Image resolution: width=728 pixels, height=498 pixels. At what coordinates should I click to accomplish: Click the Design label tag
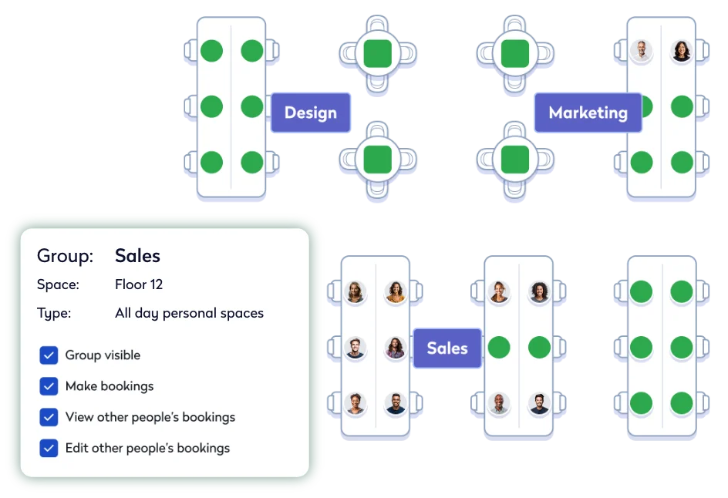311,113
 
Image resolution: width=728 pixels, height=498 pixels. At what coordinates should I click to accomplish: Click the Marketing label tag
588,113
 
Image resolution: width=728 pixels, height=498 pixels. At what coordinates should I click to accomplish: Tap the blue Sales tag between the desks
447,348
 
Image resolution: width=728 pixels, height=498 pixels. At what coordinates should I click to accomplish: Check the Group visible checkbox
49,355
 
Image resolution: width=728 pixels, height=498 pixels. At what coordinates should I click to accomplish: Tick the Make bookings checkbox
49,386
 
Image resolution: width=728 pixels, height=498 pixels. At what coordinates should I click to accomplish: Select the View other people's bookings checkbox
49,417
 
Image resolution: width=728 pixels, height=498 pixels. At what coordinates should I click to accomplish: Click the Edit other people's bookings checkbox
49,448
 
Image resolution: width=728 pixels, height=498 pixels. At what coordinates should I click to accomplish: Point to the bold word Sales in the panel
137,256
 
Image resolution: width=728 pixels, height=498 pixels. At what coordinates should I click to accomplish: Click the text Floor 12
139,284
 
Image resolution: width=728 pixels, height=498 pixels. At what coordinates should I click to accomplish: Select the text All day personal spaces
189,313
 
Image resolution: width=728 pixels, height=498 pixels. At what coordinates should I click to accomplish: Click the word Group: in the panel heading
66,256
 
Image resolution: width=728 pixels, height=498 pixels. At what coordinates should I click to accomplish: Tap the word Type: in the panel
54,313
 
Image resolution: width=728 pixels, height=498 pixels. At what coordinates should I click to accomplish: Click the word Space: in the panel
58,284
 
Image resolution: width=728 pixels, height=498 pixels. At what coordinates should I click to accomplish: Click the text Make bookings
110,386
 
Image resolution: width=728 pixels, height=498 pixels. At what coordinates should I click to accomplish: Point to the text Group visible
103,355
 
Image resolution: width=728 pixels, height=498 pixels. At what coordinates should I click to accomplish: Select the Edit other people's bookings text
147,448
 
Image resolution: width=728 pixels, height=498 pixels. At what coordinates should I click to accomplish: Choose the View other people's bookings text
150,417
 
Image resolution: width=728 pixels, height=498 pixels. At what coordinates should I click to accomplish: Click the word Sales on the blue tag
447,348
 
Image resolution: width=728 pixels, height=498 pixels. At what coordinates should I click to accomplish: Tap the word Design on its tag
311,113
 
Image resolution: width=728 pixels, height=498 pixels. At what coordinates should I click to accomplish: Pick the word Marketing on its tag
588,113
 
